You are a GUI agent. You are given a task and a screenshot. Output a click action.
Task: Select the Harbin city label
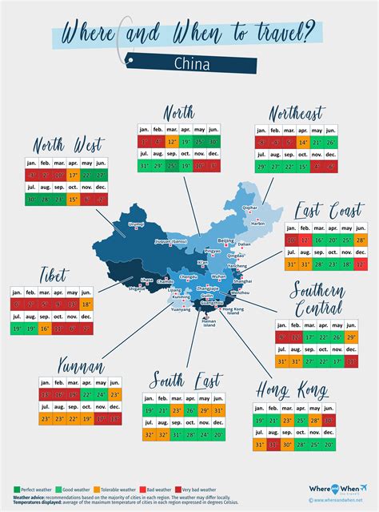tap(257, 224)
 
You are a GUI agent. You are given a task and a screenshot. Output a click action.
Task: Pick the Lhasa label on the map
tap(146, 280)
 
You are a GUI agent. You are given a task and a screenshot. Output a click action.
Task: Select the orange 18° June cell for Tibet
tap(86, 305)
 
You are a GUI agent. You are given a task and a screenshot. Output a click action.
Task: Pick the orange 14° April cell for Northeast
tap(303, 141)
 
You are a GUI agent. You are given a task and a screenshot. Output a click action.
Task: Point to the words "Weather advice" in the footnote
tap(30, 496)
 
